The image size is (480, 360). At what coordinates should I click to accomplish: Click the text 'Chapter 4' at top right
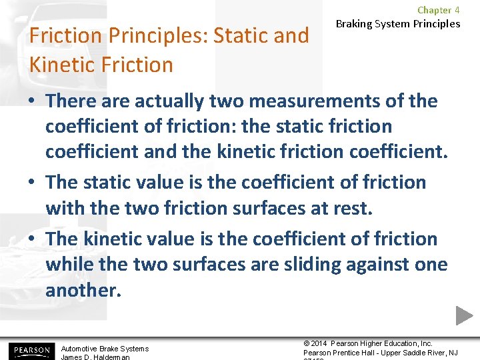[438, 10]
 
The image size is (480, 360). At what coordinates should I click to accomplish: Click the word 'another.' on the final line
[83, 291]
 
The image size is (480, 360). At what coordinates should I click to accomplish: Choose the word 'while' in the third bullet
[69, 265]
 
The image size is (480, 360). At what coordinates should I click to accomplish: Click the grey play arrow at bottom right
[464, 315]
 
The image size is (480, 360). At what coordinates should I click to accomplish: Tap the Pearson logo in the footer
[30, 350]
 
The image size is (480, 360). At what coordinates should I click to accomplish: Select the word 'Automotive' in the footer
[79, 349]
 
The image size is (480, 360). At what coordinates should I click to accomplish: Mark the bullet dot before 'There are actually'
[33, 102]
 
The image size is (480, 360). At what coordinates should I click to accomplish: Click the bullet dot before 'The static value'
[33, 183]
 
